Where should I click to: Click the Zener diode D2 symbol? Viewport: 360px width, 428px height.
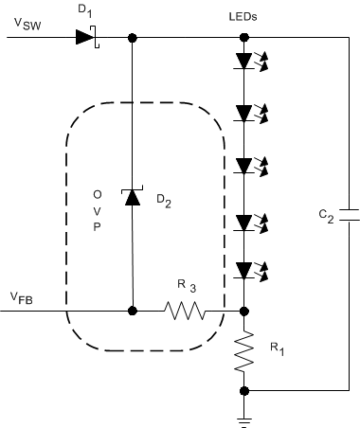(x=132, y=196)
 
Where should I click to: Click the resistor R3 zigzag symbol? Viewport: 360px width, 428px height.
(x=186, y=310)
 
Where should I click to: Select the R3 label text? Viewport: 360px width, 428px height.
(x=188, y=285)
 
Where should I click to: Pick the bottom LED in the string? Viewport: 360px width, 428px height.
(x=244, y=272)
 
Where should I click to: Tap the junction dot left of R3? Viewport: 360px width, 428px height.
(x=132, y=310)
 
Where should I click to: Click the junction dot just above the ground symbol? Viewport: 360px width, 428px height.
(x=244, y=389)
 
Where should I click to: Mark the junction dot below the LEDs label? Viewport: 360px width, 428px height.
(x=244, y=39)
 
